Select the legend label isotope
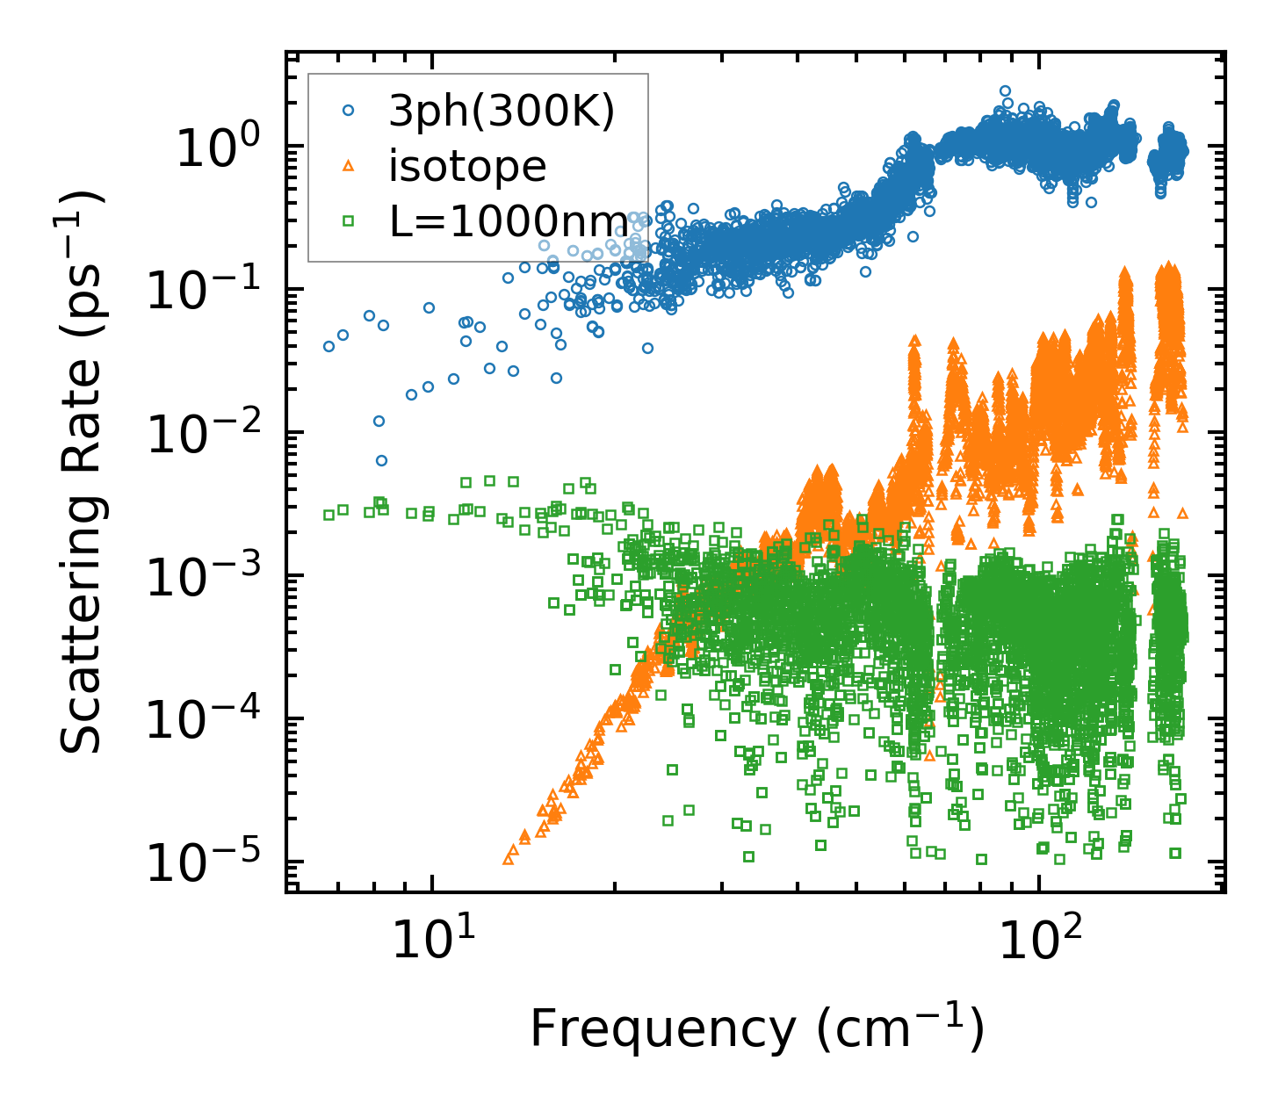pos(467,166)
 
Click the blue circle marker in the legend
pos(349,112)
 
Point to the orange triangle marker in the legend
pos(349,166)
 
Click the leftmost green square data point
pos(329,515)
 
